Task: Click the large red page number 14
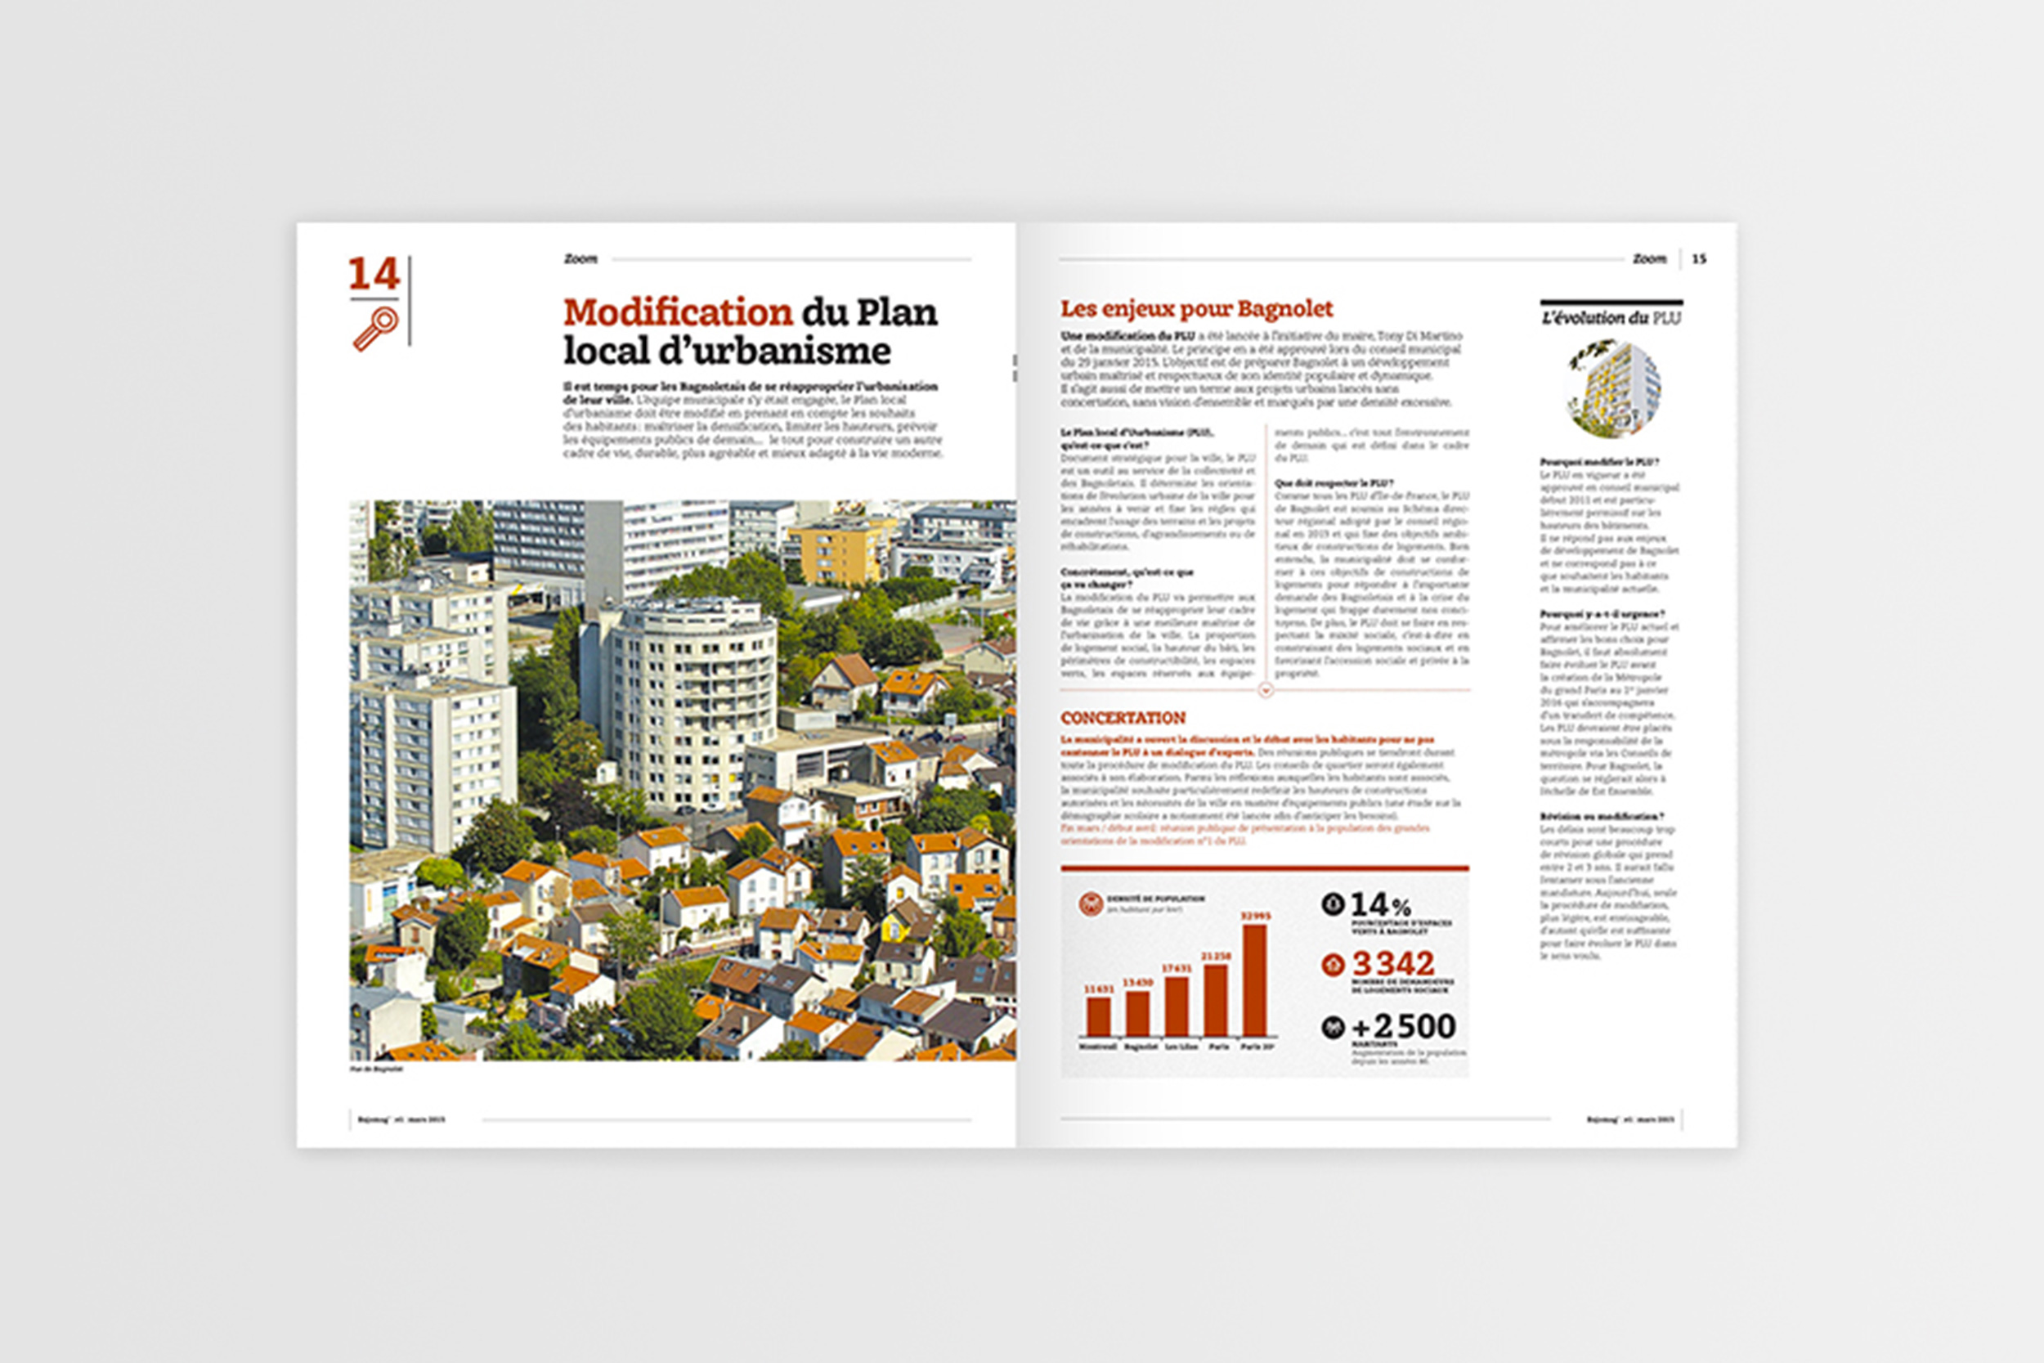pos(374,274)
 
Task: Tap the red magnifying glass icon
pos(375,329)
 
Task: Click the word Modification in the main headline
pos(678,312)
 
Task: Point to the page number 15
pos(1699,259)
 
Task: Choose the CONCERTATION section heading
pos(1123,718)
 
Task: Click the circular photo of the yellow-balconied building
pos(1614,388)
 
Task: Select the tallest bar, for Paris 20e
pos(1255,980)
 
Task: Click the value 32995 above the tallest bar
pos(1255,915)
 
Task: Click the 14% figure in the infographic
pos(1381,905)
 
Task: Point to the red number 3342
pos(1393,963)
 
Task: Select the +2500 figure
pos(1404,1027)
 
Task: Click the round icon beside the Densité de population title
pos(1090,903)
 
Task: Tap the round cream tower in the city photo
pos(691,696)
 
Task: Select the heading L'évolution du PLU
pos(1611,318)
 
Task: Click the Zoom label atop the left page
pos(580,259)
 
